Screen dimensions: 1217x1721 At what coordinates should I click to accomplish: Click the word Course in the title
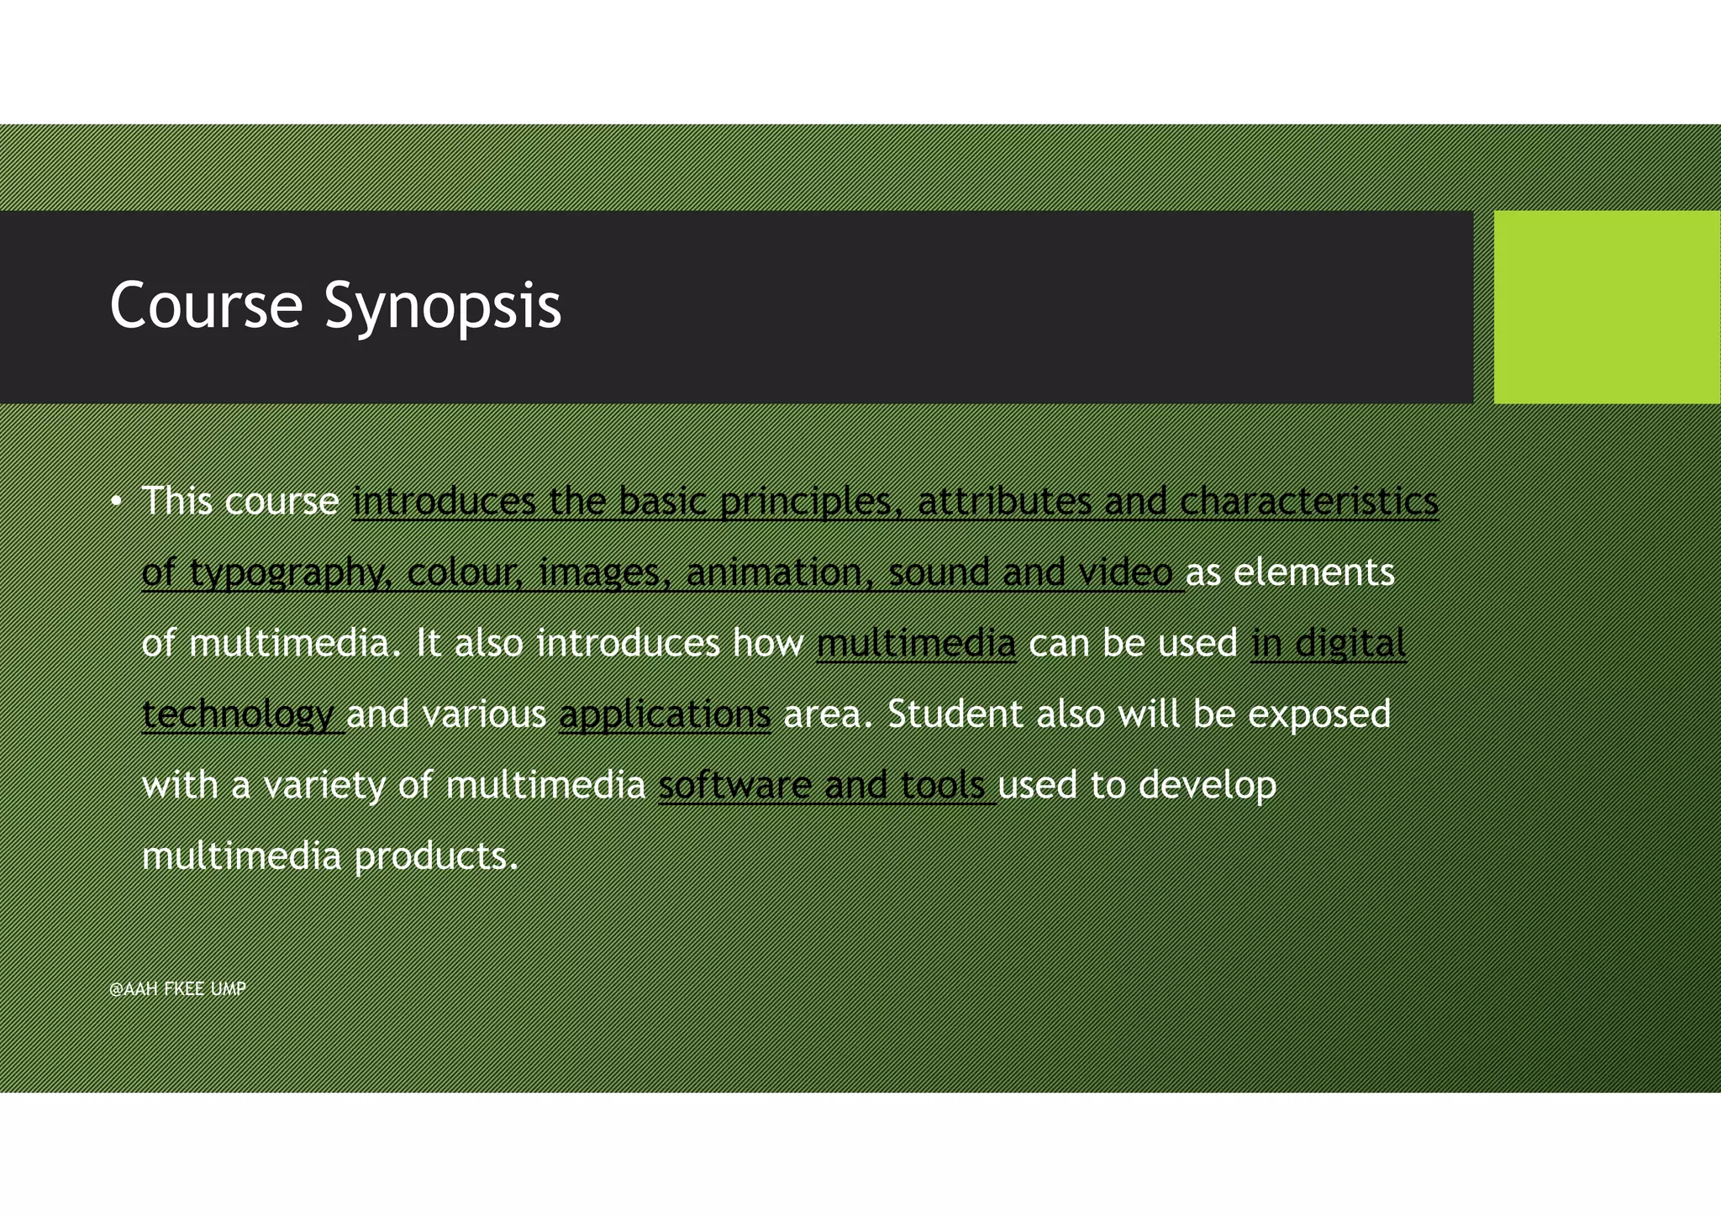pyautogui.click(x=206, y=305)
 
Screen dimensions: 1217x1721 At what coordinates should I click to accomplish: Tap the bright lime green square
pyautogui.click(x=1606, y=307)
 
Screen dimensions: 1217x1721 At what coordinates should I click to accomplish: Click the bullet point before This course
pyautogui.click(x=116, y=503)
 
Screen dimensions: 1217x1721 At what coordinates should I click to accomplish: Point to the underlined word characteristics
pyautogui.click(x=1308, y=502)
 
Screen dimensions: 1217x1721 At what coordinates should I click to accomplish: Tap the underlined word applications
pyautogui.click(x=664, y=715)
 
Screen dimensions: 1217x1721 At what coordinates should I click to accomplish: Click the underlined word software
pyautogui.click(x=734, y=786)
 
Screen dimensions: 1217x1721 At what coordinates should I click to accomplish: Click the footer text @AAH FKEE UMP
pyautogui.click(x=177, y=989)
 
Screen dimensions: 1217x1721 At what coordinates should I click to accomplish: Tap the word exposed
pyautogui.click(x=1318, y=714)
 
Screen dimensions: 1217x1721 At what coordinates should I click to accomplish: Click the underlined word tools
pyautogui.click(x=942, y=786)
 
